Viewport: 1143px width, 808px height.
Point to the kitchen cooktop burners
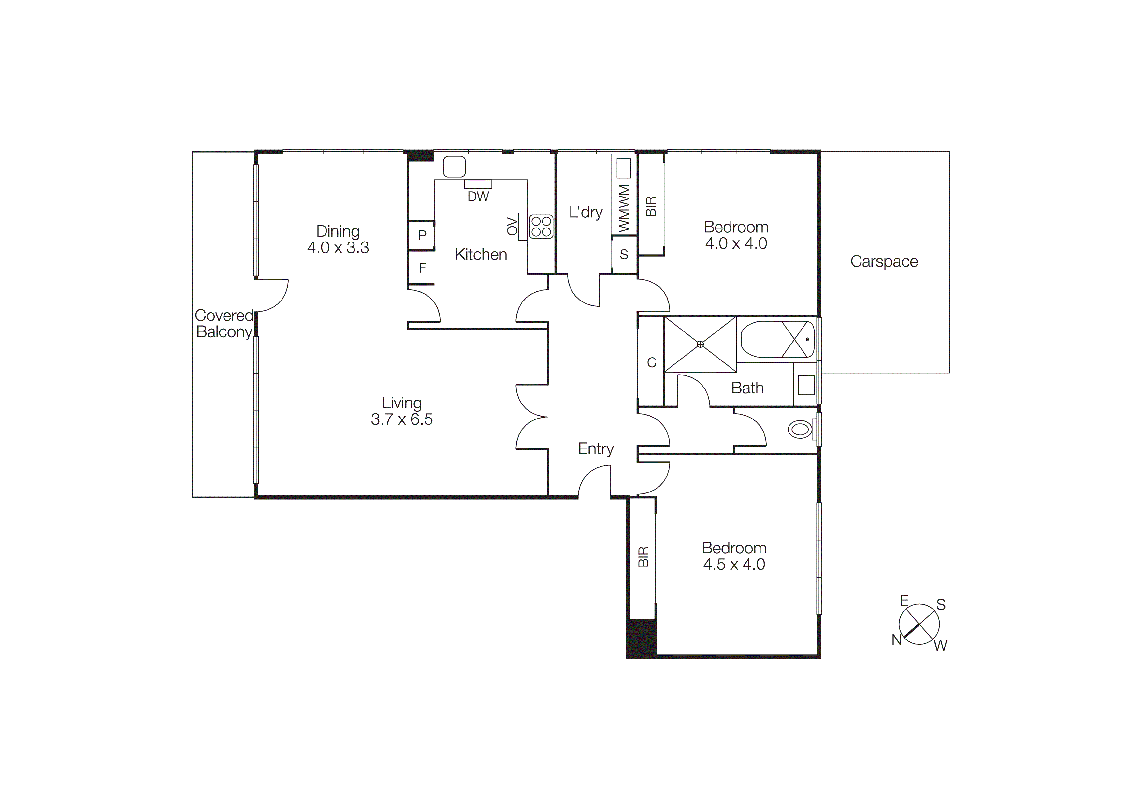[541, 227]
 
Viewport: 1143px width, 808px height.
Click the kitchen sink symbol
[454, 167]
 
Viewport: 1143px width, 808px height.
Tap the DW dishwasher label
[478, 197]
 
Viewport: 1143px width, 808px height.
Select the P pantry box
[422, 235]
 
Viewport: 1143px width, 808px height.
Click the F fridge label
[422, 268]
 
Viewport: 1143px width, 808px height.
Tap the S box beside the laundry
[624, 255]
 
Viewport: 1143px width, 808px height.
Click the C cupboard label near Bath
[651, 362]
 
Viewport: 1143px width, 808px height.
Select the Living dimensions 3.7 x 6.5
[402, 419]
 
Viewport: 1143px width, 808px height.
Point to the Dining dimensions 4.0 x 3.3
[338, 247]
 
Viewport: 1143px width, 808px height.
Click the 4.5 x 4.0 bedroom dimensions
[734, 564]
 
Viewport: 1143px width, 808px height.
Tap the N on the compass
[897, 640]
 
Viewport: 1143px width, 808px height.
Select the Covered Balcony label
[224, 324]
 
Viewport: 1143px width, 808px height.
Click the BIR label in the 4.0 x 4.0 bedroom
[651, 207]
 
